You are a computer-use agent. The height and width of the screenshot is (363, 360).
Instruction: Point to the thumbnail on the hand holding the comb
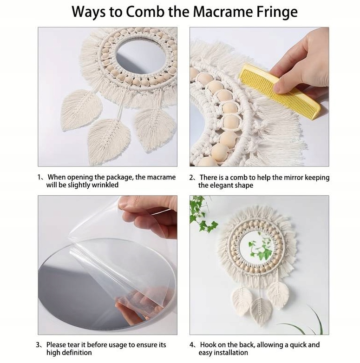coord(279,86)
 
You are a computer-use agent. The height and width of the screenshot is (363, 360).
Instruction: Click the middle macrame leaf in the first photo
coord(109,141)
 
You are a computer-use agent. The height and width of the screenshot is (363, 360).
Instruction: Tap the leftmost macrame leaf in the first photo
coord(80,110)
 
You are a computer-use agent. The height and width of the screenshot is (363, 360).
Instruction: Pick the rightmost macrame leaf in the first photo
coord(155,129)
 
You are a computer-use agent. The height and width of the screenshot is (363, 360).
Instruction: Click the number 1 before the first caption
coord(39,178)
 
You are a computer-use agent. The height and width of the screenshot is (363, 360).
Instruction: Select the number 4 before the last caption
coord(192,345)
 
